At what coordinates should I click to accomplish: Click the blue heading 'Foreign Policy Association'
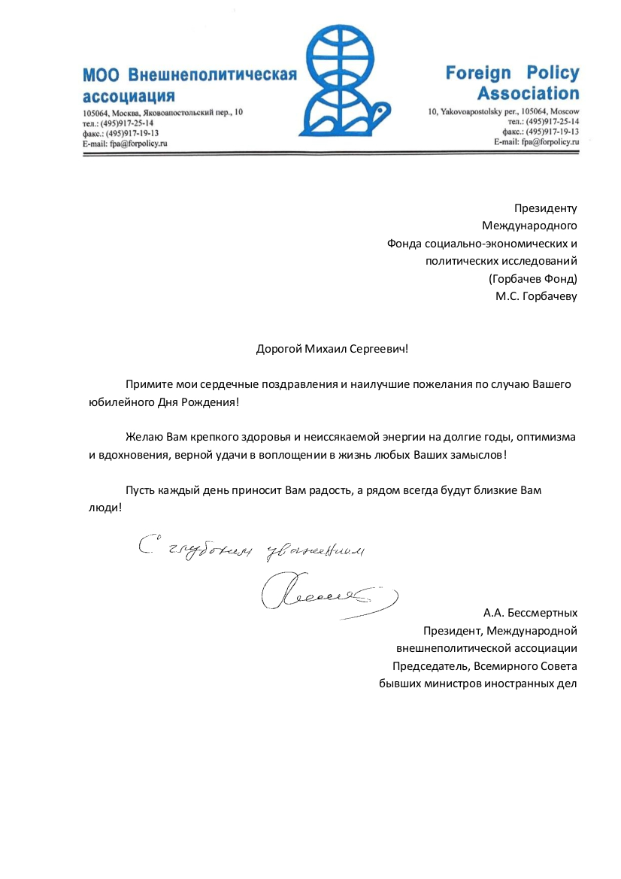[x=513, y=83]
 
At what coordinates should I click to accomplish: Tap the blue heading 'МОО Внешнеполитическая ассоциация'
[x=189, y=85]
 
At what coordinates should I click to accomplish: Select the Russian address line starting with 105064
[x=162, y=112]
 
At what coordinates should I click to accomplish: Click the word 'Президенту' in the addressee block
[x=545, y=208]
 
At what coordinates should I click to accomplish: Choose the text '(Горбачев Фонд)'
[x=532, y=279]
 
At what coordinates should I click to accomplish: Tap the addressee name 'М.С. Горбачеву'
[x=536, y=296]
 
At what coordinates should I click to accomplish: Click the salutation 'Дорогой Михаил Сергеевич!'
[x=335, y=349]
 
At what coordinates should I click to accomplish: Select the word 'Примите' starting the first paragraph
[x=147, y=384]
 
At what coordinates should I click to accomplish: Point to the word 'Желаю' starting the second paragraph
[x=143, y=437]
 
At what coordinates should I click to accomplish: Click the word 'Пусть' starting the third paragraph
[x=140, y=490]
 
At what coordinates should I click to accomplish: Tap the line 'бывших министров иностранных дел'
[x=477, y=683]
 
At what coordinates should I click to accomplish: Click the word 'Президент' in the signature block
[x=448, y=630]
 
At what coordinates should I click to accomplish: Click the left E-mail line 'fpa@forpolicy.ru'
[x=125, y=142]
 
